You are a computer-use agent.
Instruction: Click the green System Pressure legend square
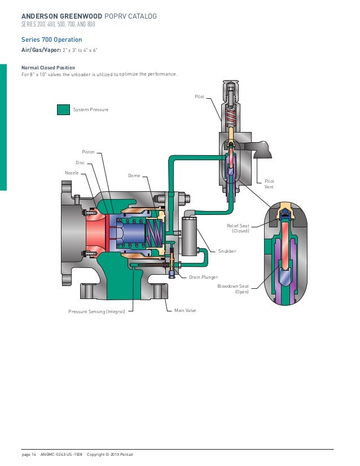point(63,109)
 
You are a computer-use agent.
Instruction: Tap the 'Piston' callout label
point(89,152)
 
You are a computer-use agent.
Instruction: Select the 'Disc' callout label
point(80,162)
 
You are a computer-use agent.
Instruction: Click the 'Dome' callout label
point(134,176)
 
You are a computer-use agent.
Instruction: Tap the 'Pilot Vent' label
point(269,183)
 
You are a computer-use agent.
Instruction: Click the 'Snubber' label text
point(226,250)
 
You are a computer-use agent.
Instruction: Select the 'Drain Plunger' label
point(203,277)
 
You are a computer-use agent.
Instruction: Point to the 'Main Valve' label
point(185,311)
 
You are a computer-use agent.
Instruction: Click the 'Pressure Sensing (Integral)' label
point(96,311)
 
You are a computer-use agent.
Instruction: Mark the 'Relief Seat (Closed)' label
point(240,228)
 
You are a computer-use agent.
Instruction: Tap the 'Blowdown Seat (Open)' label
point(233,289)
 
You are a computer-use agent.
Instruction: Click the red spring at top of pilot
point(231,118)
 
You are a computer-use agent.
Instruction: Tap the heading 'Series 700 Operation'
point(51,39)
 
